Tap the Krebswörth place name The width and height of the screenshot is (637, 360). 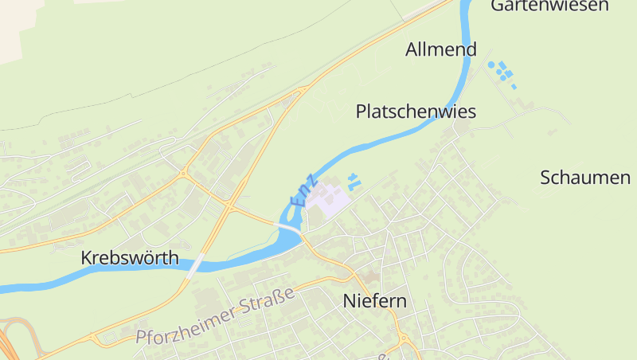130,258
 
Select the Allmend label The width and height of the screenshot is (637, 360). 440,49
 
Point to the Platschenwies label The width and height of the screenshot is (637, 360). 416,112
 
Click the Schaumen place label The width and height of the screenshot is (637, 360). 585,178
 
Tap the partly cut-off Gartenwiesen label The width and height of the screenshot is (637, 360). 549,6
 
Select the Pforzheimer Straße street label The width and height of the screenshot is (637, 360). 215,315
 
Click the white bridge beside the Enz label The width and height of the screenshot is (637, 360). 289,229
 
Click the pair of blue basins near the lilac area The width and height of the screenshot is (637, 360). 354,182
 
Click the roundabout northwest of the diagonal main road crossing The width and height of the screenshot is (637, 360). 184,172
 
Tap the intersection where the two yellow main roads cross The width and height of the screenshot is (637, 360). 229,206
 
